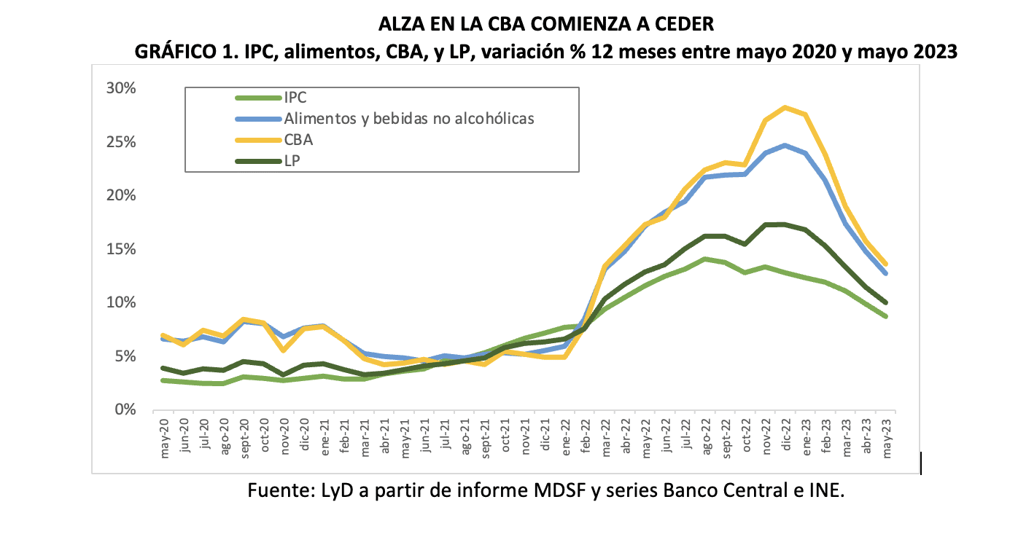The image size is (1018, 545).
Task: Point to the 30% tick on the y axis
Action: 121,88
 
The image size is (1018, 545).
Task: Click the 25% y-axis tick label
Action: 121,142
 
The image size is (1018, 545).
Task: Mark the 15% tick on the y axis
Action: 121,249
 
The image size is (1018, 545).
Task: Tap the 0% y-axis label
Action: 125,410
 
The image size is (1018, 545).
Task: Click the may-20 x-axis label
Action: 165,437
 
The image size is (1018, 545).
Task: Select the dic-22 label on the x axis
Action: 786,437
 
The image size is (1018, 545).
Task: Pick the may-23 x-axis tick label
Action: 887,437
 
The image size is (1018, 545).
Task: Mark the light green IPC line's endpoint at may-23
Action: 886,316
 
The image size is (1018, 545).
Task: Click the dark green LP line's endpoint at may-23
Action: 886,302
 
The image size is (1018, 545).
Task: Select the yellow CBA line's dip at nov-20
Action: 285,350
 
